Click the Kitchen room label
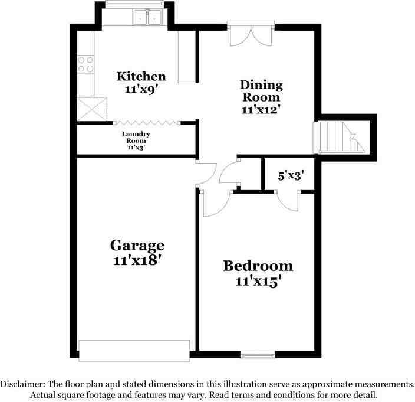(141, 76)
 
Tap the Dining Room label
(261, 91)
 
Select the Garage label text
(137, 245)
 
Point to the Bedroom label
(258, 266)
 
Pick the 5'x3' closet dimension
(291, 175)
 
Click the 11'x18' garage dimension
(137, 260)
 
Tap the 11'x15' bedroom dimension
(258, 282)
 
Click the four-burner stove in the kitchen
(86, 63)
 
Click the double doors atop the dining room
(250, 35)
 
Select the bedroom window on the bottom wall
(258, 354)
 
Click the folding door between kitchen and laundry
(147, 123)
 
